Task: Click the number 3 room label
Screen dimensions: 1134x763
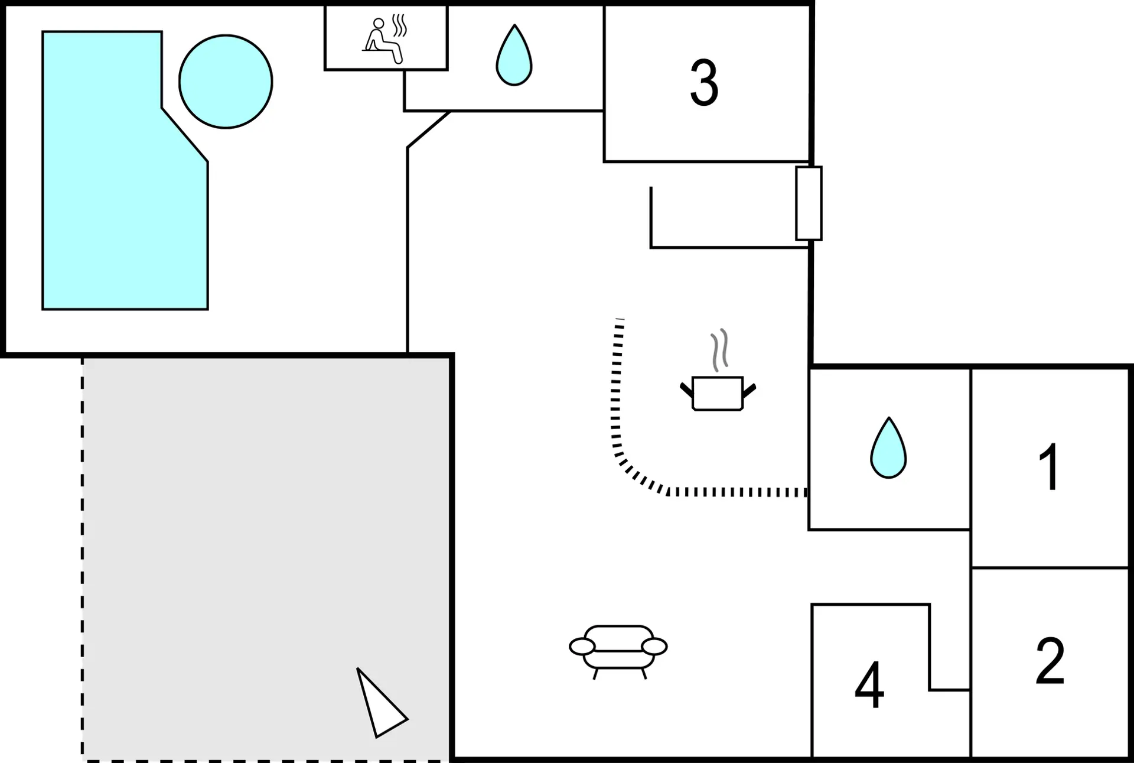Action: [x=704, y=83]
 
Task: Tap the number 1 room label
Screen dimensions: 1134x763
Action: [x=1050, y=467]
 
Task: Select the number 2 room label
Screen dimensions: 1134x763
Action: [x=1050, y=661]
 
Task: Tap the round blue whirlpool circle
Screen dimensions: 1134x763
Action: [x=226, y=82]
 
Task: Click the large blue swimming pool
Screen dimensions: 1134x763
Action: [x=125, y=170]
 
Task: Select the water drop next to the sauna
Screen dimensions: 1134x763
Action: [x=514, y=55]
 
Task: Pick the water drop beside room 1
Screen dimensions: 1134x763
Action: [x=888, y=447]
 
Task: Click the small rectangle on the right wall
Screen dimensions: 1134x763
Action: [x=809, y=203]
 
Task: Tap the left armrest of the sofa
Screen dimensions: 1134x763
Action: [x=582, y=647]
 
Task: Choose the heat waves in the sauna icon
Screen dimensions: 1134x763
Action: [x=400, y=25]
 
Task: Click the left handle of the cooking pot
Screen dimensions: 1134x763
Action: [x=686, y=389]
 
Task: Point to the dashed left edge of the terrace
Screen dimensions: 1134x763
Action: [x=82, y=559]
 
